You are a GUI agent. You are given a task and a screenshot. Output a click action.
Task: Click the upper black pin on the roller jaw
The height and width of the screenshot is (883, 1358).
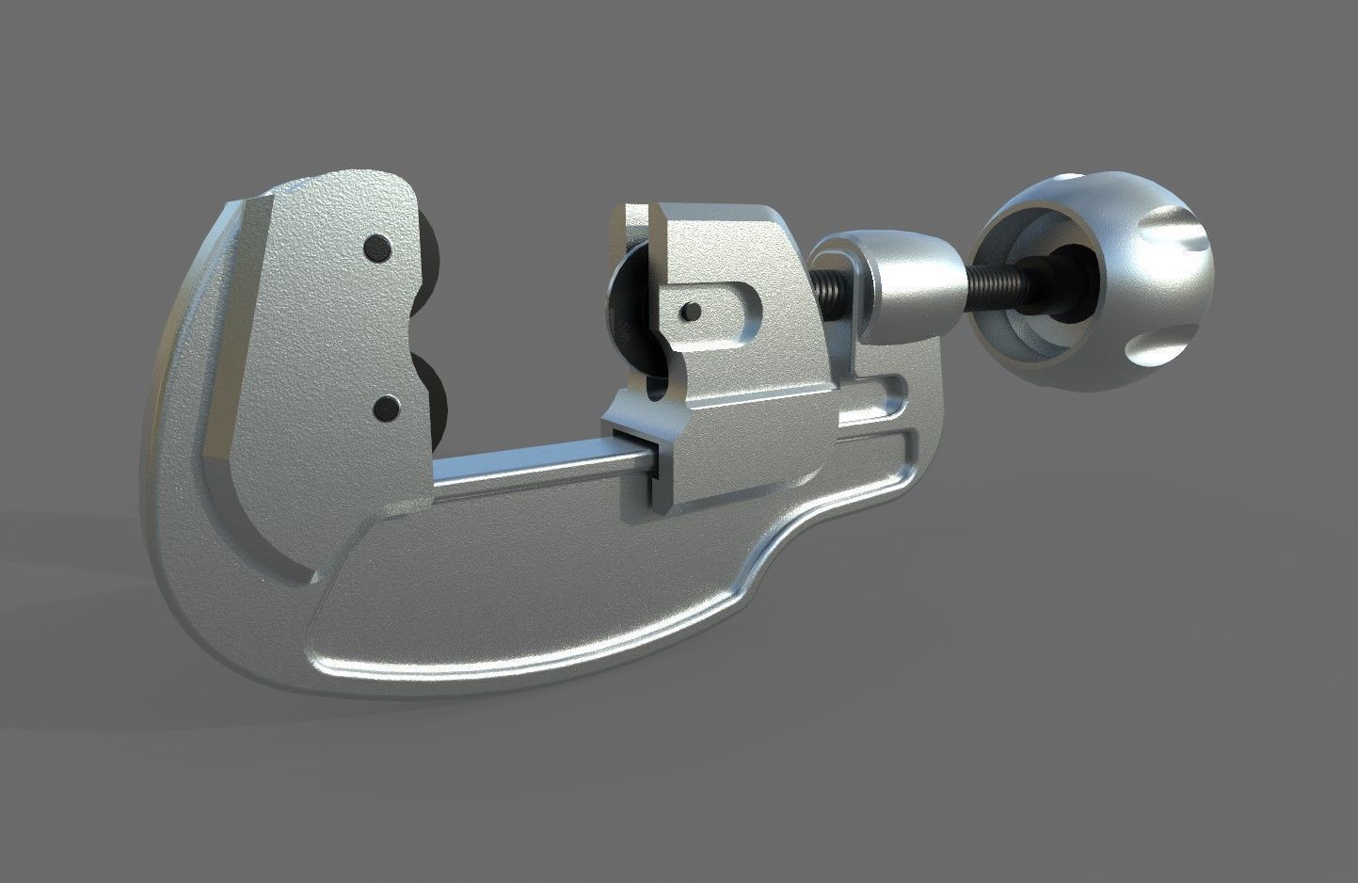[378, 248]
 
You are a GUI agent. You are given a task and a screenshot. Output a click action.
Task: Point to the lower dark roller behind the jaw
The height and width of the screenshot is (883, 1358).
[435, 381]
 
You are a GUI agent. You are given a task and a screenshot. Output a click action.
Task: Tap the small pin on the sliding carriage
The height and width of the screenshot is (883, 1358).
[691, 310]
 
